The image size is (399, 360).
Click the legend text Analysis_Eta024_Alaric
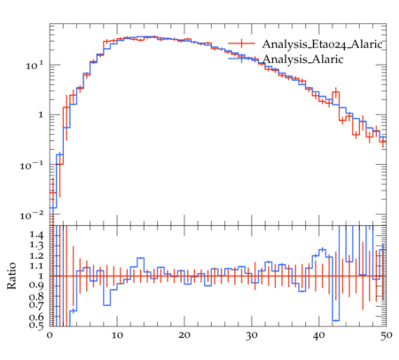pos(323,44)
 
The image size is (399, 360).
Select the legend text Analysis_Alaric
pos(303,59)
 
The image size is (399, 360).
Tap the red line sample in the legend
pos(241,43)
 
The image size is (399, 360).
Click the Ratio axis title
pos(12,276)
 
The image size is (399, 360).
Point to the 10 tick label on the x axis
pos(117,335)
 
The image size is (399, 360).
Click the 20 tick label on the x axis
pos(184,335)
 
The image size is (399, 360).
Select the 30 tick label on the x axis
pos(252,336)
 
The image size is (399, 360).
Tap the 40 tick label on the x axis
pos(318,335)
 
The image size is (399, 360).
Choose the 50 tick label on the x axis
pos(386,336)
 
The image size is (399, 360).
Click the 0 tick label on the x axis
pos(50,335)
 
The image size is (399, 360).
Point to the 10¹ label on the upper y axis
pos(35,66)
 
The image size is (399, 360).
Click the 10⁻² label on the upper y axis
pos(32,215)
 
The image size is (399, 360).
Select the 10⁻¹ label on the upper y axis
pos(32,165)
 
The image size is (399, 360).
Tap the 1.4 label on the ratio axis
pos(36,235)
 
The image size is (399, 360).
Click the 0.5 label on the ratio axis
pos(36,325)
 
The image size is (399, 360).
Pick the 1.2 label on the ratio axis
pos(36,256)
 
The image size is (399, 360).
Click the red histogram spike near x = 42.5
pos(336,92)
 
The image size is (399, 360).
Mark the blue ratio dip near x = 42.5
pos(336,320)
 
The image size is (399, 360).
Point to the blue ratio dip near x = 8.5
pos(107,305)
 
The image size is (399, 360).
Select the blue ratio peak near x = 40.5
pos(322,249)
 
